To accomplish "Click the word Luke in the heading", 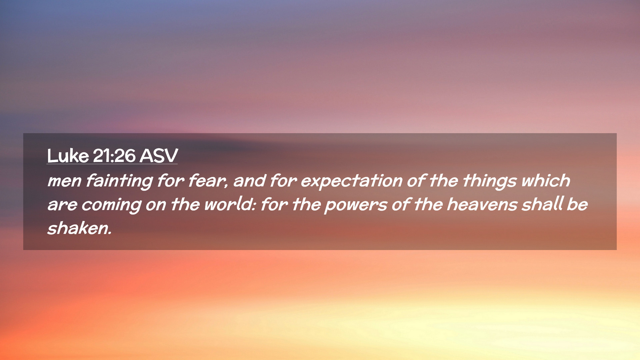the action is pos(68,155).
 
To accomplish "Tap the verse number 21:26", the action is pos(114,156).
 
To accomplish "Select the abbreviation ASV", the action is pos(159,156).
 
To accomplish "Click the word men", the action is pos(64,181).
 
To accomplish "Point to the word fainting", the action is pos(119,181).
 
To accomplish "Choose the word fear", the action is pos(208,181).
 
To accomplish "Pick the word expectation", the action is pos(351,181).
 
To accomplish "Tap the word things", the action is pos(489,181).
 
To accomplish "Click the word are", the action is pos(62,205).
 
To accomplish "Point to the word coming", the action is pos(111,205).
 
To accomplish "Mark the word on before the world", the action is pos(156,205).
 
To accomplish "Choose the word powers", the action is pos(355,205).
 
